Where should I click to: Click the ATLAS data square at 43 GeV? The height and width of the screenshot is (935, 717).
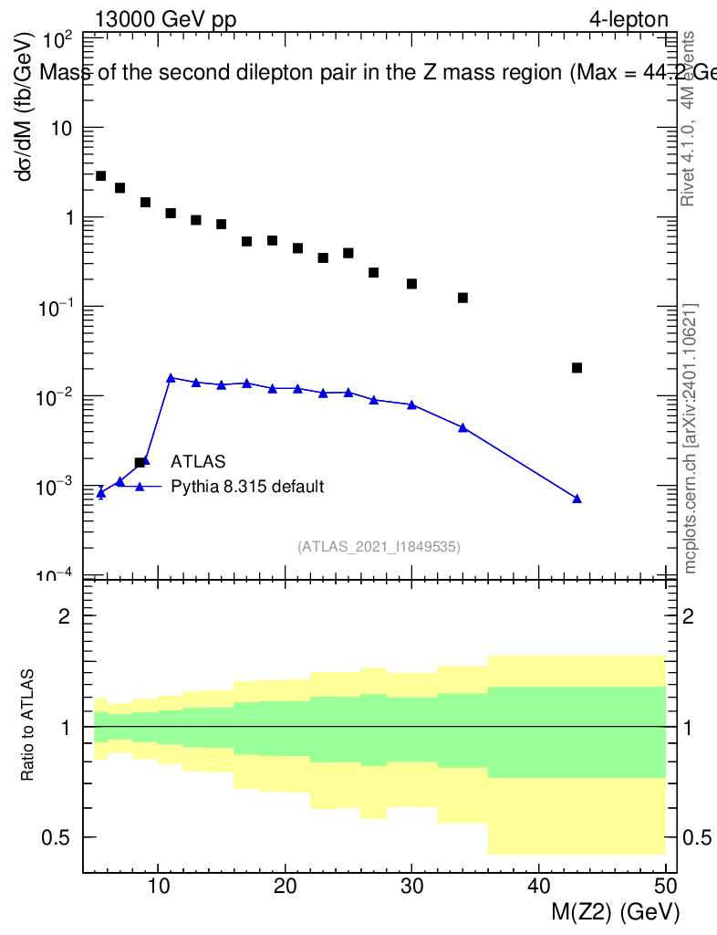point(577,368)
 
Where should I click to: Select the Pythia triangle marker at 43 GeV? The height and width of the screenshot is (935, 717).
point(577,499)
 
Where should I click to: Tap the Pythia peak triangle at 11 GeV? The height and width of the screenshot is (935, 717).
point(171,378)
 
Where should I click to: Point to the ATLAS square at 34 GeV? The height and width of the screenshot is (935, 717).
point(462,298)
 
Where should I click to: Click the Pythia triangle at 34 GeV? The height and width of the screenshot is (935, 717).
point(462,427)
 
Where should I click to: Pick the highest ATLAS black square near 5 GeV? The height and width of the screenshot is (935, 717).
point(100,176)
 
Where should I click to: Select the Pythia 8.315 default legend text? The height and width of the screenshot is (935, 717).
point(247,487)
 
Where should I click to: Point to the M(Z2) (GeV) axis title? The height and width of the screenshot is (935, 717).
point(615,912)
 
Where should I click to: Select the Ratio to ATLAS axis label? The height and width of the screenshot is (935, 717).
point(28,726)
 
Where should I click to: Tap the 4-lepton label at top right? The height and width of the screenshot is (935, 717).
point(629,19)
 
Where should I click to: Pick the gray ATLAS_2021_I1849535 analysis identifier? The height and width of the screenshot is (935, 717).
point(379,547)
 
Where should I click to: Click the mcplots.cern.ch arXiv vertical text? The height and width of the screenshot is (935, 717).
point(691,438)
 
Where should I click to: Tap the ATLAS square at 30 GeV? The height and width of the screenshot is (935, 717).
point(411,284)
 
